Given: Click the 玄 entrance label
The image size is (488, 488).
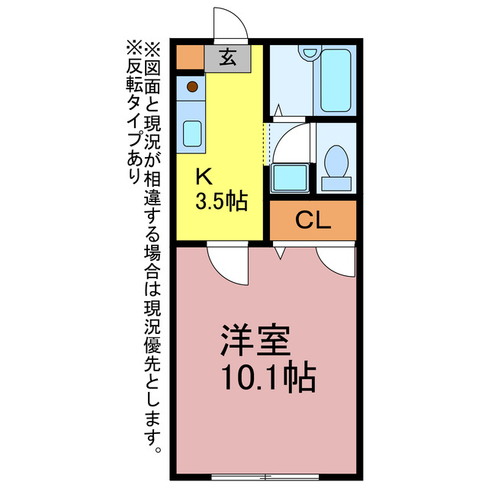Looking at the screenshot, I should pyautogui.click(x=226, y=58).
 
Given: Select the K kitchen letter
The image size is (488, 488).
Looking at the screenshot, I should pyautogui.click(x=204, y=177).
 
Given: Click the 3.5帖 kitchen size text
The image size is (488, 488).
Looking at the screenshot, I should pyautogui.click(x=221, y=202).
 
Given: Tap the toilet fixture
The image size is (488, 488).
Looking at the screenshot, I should pyautogui.click(x=335, y=164).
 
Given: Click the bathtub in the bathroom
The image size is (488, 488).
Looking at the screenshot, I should pyautogui.click(x=335, y=80).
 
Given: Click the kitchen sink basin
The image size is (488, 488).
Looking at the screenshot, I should pyautogui.click(x=193, y=133).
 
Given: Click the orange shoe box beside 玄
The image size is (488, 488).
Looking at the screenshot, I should pyautogui.click(x=190, y=58).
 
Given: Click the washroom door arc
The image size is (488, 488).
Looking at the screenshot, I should pyautogui.click(x=290, y=141).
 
